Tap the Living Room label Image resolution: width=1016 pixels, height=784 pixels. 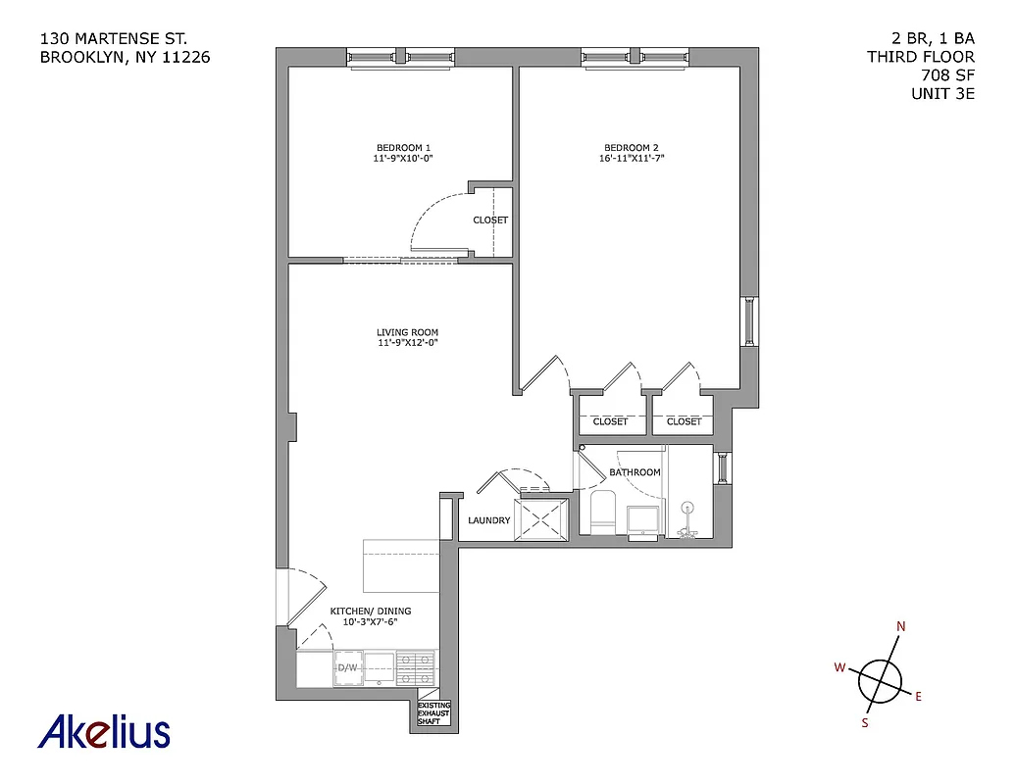tap(405, 331)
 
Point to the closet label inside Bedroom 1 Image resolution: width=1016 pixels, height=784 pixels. tap(490, 220)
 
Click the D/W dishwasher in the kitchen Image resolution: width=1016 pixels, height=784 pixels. tap(347, 668)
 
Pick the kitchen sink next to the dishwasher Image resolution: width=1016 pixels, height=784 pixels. tap(380, 668)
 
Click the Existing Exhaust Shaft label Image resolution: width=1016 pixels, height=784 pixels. tap(433, 713)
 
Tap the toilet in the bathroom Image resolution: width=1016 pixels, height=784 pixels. tap(601, 513)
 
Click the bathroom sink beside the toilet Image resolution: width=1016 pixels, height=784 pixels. tap(642, 521)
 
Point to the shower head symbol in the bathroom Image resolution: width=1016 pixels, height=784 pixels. tap(688, 510)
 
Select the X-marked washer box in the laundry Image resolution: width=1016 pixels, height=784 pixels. tap(543, 517)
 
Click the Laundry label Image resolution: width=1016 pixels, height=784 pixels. tap(488, 520)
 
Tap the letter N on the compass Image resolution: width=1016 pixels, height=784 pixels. tap(901, 628)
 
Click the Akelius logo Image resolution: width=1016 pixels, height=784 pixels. tap(104, 732)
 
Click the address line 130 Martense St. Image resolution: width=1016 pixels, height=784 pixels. tap(113, 39)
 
